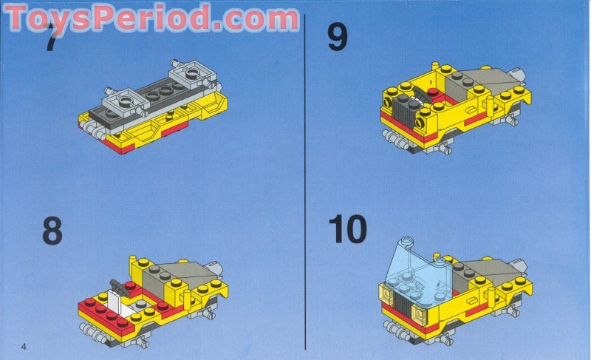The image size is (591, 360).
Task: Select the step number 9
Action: click(x=337, y=37)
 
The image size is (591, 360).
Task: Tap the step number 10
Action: click(x=348, y=230)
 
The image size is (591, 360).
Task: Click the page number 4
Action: click(x=24, y=347)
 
